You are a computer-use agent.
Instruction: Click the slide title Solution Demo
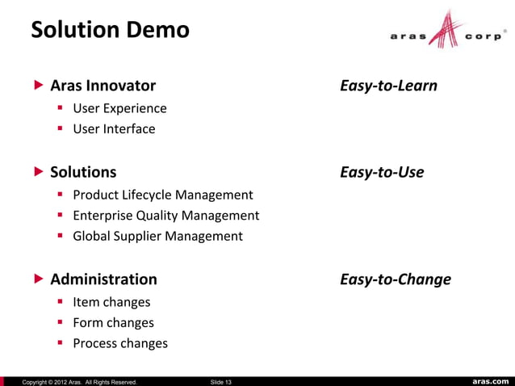pos(110,31)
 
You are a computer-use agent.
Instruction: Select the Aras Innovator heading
pos(103,86)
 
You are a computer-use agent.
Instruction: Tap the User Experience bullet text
pos(119,108)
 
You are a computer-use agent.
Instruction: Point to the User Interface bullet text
pos(114,128)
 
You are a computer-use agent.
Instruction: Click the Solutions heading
pos(83,172)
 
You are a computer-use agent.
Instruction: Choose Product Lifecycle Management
pos(162,195)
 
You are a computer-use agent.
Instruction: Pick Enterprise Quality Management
pos(165,216)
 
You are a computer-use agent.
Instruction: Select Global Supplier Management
pos(157,236)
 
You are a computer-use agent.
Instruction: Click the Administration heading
pos(103,279)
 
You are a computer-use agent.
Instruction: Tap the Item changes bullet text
pos(111,302)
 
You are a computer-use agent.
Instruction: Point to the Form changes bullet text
pos(113,322)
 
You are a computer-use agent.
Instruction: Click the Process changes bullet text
pos(120,343)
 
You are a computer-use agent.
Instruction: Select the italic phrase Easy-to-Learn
pos(388,86)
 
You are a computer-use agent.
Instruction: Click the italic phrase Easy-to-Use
pos(382,172)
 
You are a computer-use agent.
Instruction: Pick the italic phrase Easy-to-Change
pos(396,279)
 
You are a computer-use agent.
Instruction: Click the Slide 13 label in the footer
pos(220,381)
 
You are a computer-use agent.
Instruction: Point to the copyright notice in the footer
pos(79,381)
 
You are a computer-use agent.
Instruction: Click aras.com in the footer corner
pos(489,381)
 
